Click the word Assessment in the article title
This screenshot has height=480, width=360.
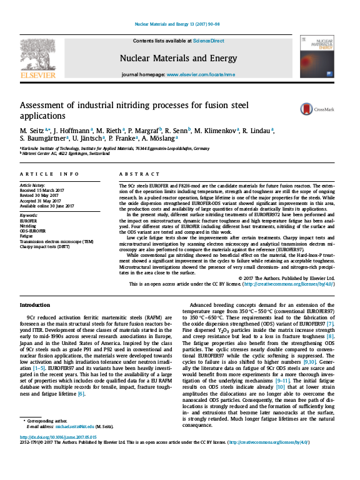point(45,106)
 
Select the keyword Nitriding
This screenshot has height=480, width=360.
point(29,226)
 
